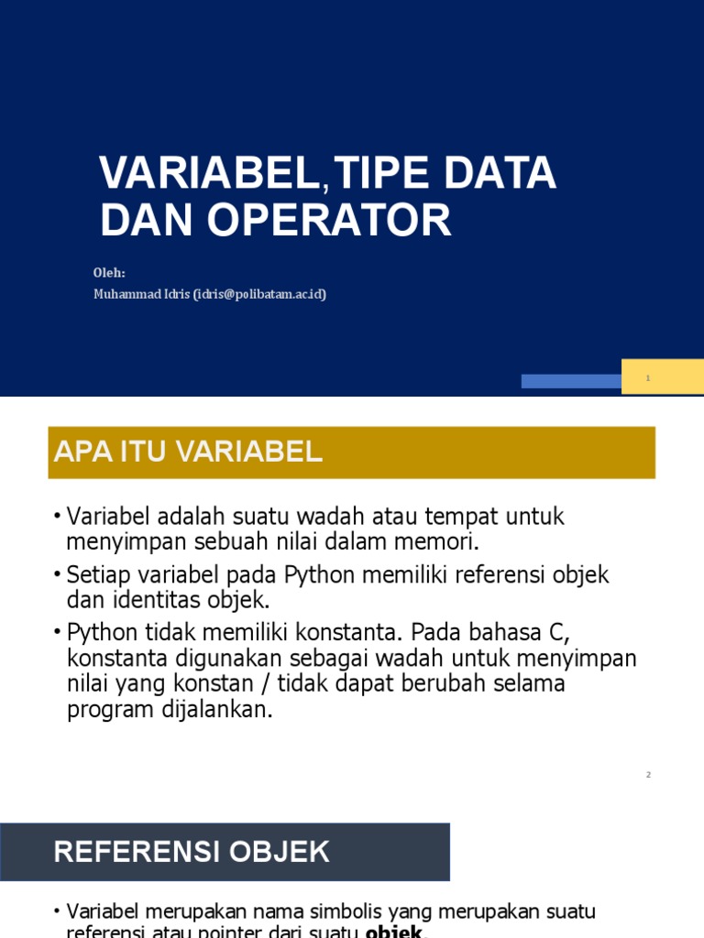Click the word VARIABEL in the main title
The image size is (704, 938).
click(x=212, y=173)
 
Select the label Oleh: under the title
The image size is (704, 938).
click(x=108, y=273)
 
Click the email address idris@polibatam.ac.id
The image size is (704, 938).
click(x=259, y=294)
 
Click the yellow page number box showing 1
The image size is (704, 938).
click(x=662, y=377)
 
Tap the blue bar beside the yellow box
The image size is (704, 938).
click(x=571, y=381)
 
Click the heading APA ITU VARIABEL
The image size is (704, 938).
click(x=189, y=452)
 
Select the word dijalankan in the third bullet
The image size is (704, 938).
click(x=216, y=711)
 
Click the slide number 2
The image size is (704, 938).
click(x=648, y=775)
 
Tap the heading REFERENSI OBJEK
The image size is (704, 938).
click(x=191, y=852)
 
